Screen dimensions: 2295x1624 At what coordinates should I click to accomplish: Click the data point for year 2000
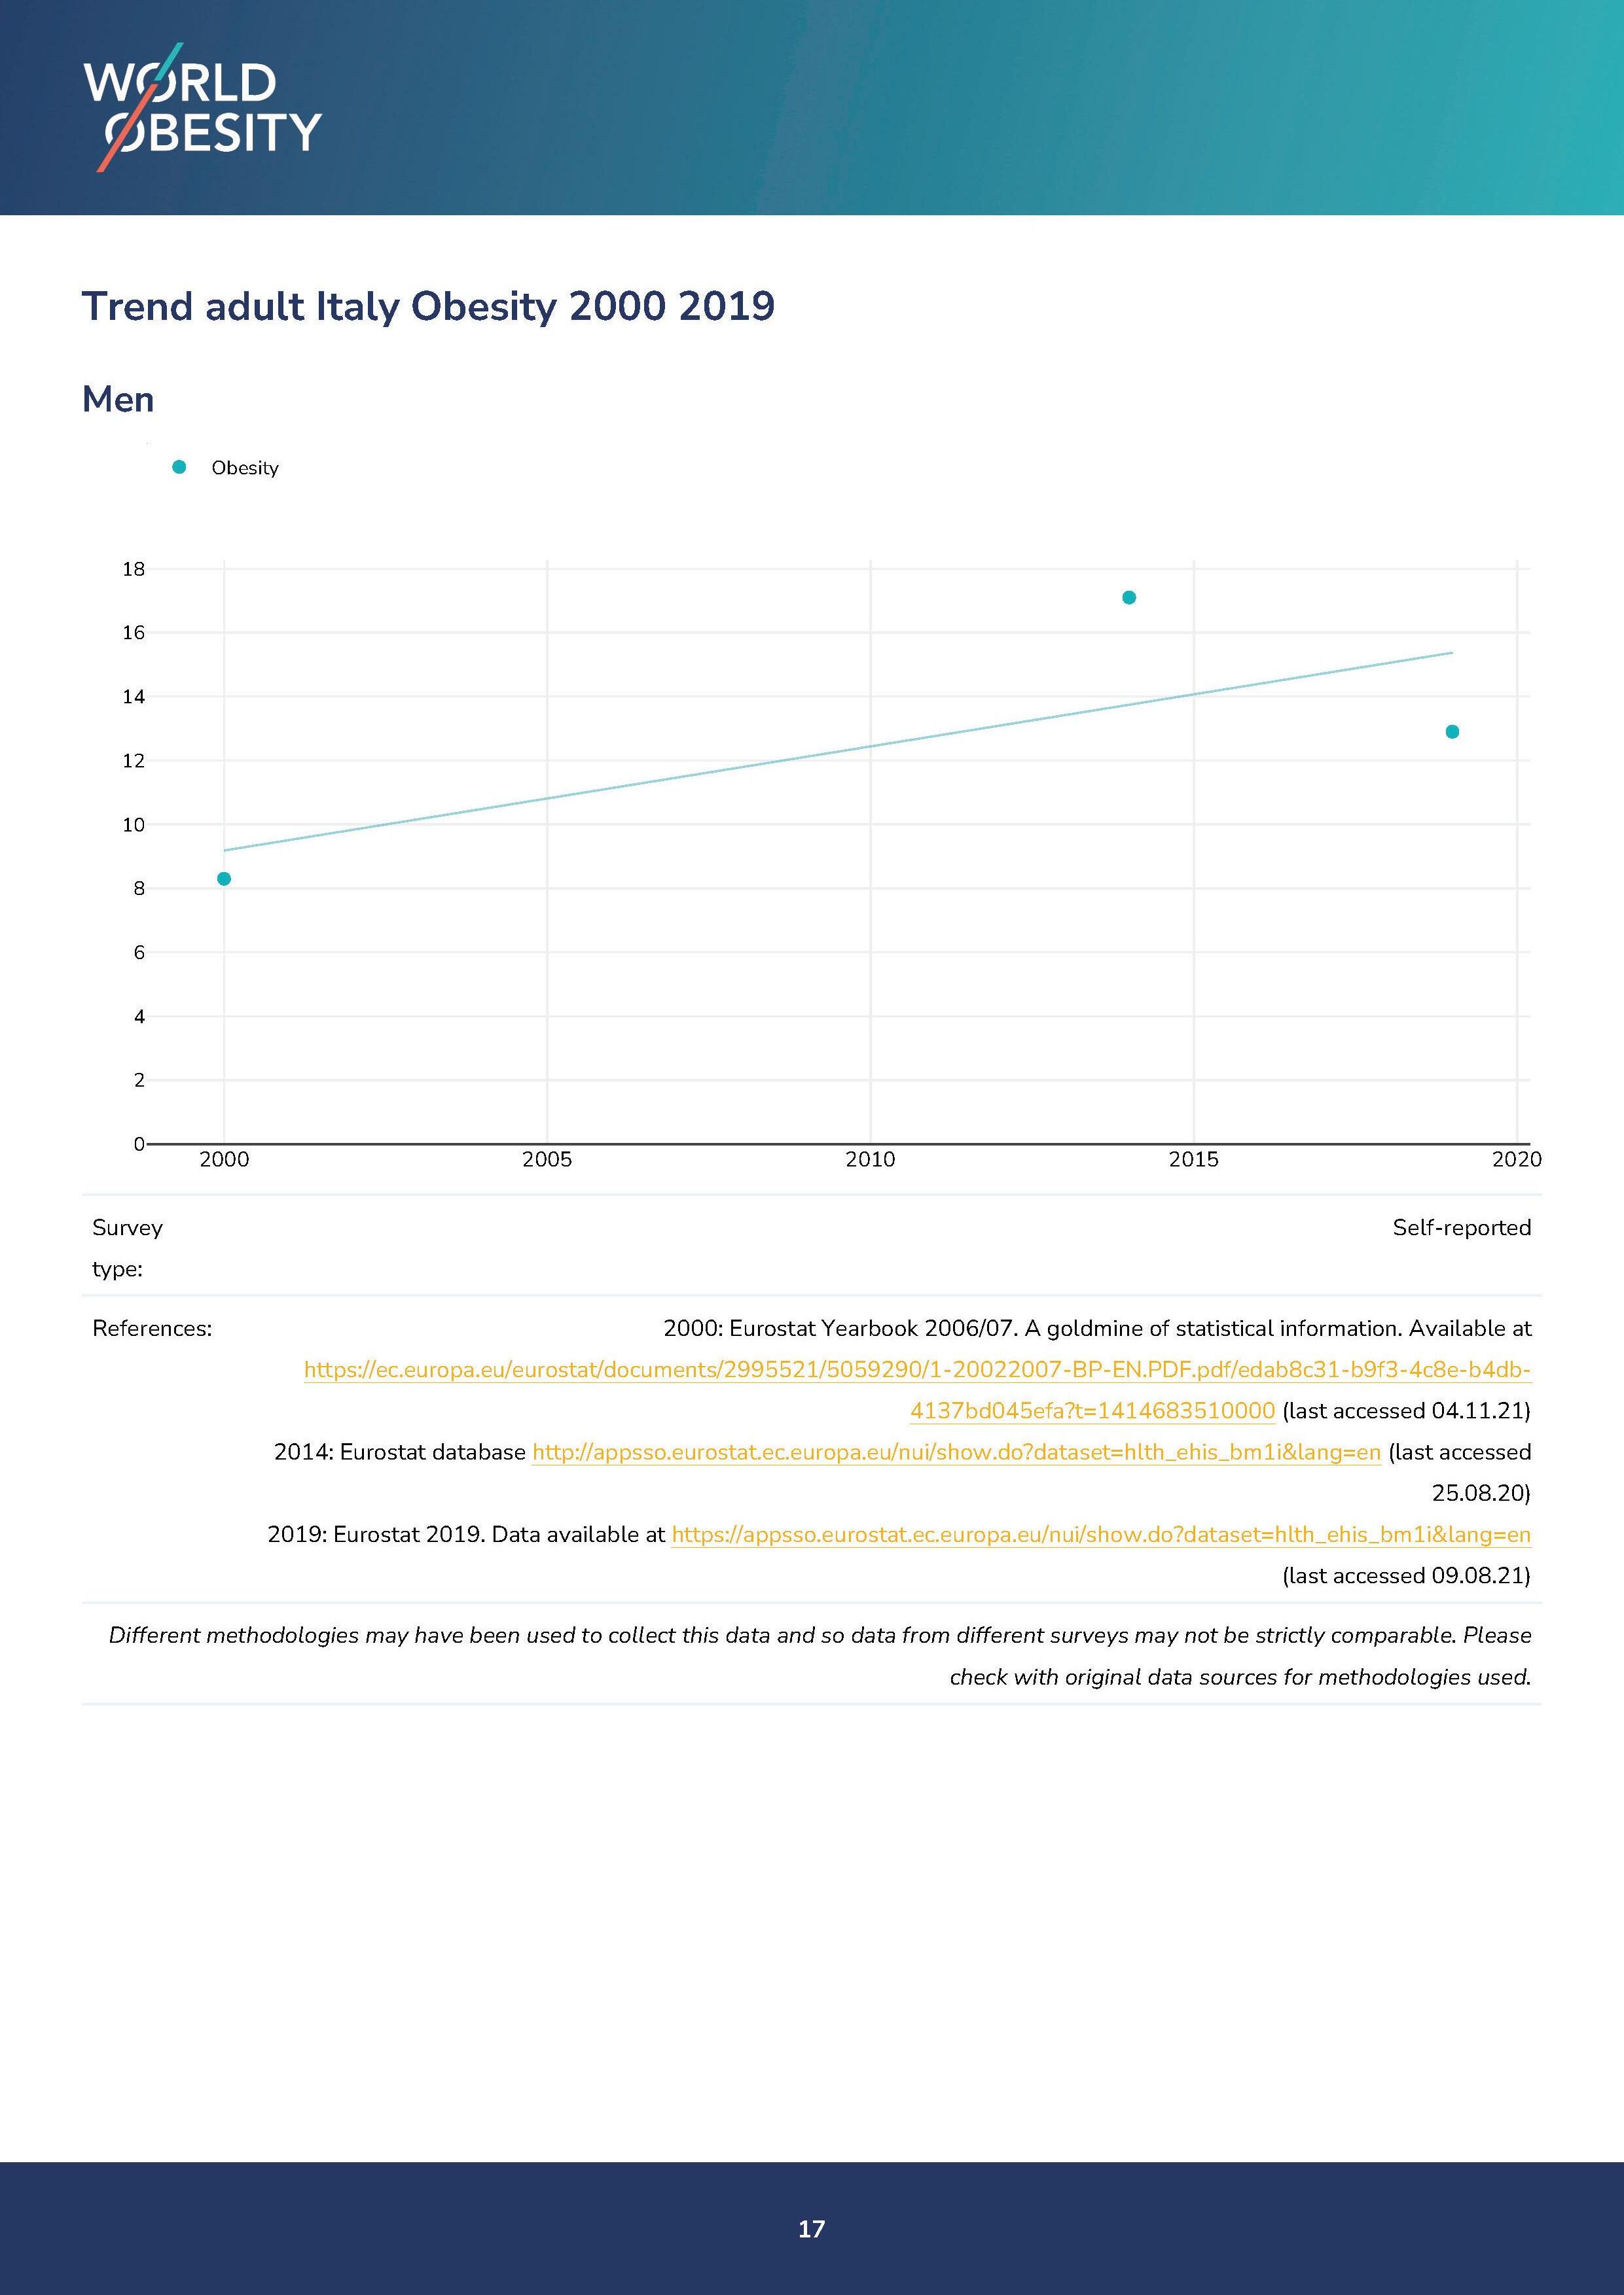click(224, 879)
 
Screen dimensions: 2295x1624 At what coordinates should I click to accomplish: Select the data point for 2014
click(1129, 598)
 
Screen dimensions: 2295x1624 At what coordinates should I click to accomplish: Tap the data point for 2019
click(1452, 731)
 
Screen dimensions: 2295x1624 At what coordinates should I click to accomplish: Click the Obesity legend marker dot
click(179, 467)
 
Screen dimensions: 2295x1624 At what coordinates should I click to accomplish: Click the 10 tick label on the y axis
click(133, 824)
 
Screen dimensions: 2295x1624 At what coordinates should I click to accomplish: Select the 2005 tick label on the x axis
click(547, 1159)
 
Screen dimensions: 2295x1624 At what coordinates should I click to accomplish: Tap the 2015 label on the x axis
click(1193, 1159)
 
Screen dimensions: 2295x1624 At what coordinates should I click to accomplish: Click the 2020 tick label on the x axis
click(1516, 1159)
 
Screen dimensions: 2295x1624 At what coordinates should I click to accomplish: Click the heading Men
click(118, 400)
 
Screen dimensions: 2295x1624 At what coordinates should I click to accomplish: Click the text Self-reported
click(1461, 1227)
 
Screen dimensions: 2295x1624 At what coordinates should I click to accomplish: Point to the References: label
click(152, 1329)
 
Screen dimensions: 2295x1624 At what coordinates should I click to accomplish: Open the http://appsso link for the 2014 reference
click(956, 1452)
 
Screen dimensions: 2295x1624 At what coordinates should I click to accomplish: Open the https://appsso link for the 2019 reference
click(1100, 1534)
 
